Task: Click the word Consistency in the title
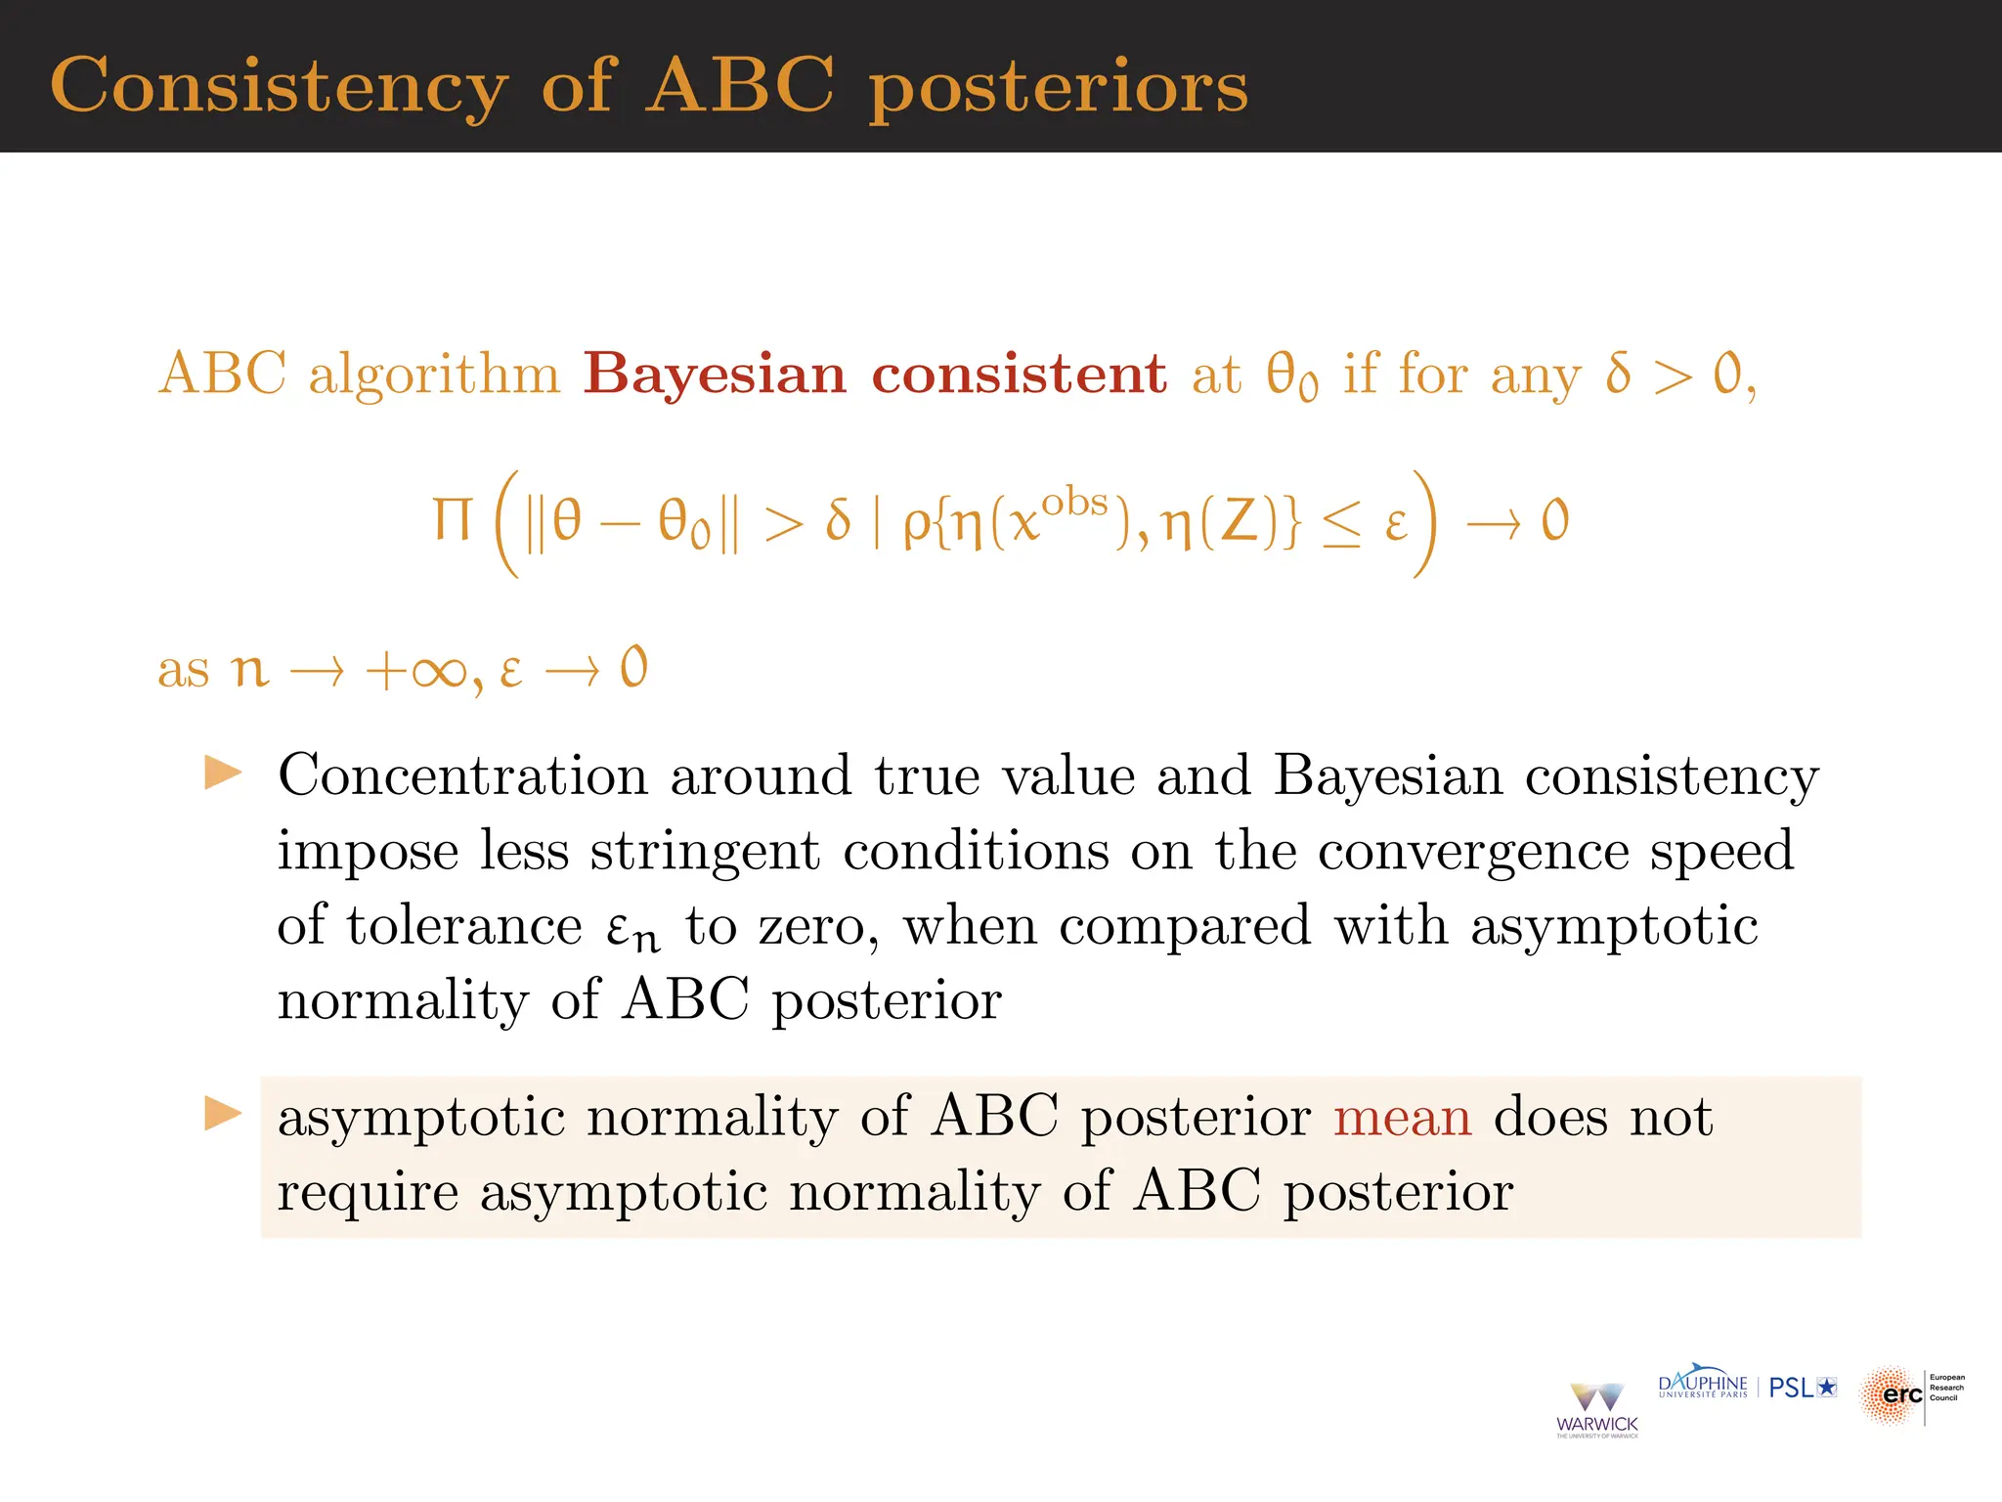(280, 86)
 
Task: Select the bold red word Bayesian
(715, 374)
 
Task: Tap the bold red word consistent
(1019, 374)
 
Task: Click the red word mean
(1402, 1117)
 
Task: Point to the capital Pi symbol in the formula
(453, 520)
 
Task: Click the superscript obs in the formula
(1073, 503)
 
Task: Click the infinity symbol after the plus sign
(440, 672)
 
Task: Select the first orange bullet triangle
(223, 773)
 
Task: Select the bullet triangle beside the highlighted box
(223, 1113)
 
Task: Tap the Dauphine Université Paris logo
(1703, 1385)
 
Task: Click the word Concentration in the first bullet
(462, 776)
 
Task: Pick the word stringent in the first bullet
(705, 851)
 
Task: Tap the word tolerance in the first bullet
(464, 926)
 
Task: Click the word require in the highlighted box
(368, 1194)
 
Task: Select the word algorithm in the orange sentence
(434, 374)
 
